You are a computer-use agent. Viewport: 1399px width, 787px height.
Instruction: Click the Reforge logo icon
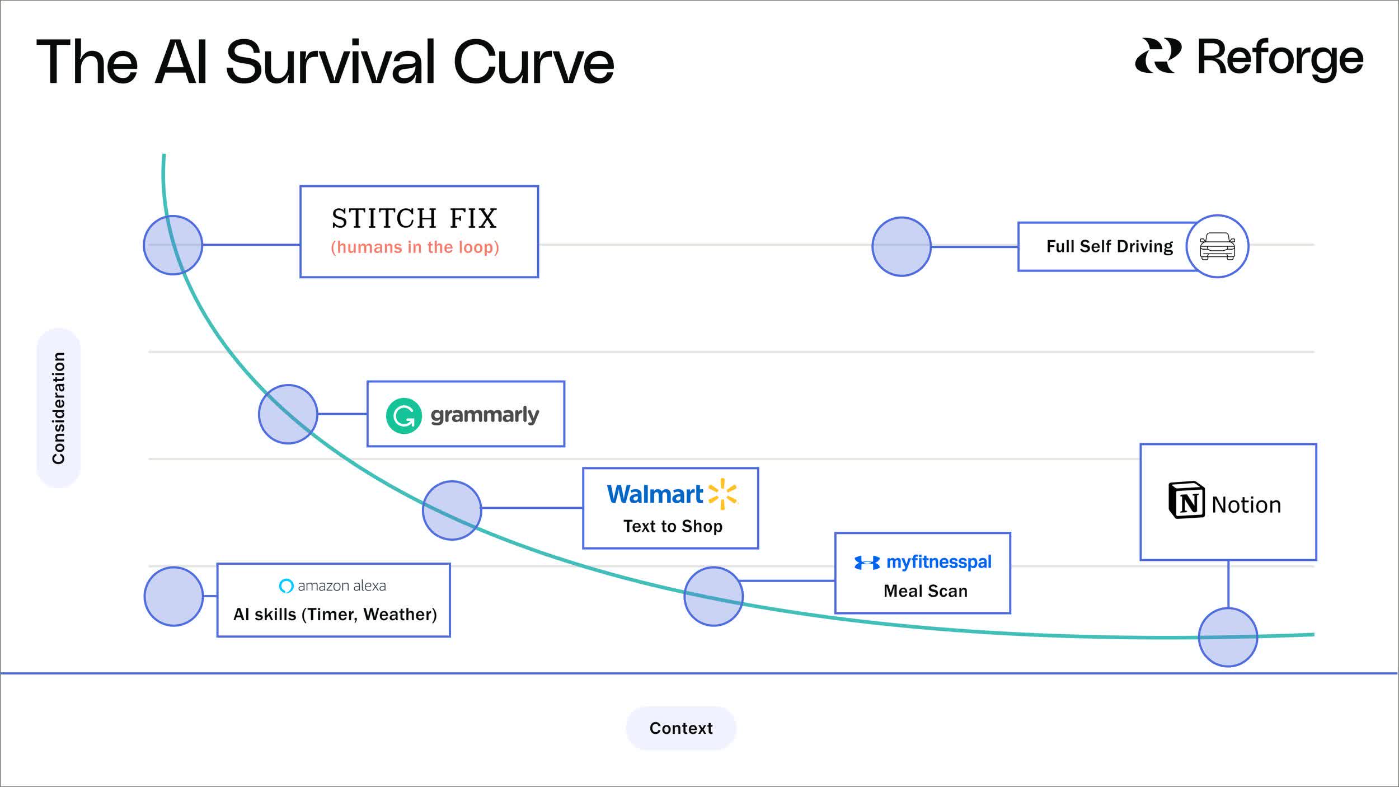point(1157,56)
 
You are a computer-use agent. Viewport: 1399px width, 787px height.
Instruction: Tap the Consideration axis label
point(59,408)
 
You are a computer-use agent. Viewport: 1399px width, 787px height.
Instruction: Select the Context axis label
point(680,728)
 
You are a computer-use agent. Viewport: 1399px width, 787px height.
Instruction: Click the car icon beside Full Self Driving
point(1217,246)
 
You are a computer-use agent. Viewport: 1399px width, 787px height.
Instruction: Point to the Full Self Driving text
point(1109,246)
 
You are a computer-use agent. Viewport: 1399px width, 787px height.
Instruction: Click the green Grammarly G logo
point(403,416)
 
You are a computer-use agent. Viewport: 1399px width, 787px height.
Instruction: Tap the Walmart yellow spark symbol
point(722,494)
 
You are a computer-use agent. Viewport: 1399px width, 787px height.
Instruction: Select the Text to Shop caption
point(673,526)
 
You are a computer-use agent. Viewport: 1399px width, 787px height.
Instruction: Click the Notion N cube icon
point(1186,500)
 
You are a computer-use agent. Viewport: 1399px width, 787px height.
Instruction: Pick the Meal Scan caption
point(925,591)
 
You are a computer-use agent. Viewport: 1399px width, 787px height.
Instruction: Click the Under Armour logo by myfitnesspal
point(867,563)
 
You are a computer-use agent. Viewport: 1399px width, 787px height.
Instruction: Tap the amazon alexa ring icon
point(286,585)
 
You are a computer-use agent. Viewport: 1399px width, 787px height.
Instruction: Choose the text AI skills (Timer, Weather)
point(335,615)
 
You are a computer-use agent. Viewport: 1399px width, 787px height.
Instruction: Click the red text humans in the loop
point(415,247)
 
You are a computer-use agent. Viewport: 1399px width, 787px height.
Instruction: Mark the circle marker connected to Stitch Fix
point(173,245)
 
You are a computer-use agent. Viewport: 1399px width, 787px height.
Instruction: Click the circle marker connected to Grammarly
point(288,414)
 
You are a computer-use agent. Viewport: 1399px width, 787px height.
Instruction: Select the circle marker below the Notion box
point(1228,637)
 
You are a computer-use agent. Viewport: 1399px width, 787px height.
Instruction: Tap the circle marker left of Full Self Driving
point(901,246)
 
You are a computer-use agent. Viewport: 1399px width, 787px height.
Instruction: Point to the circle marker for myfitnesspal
point(713,597)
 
